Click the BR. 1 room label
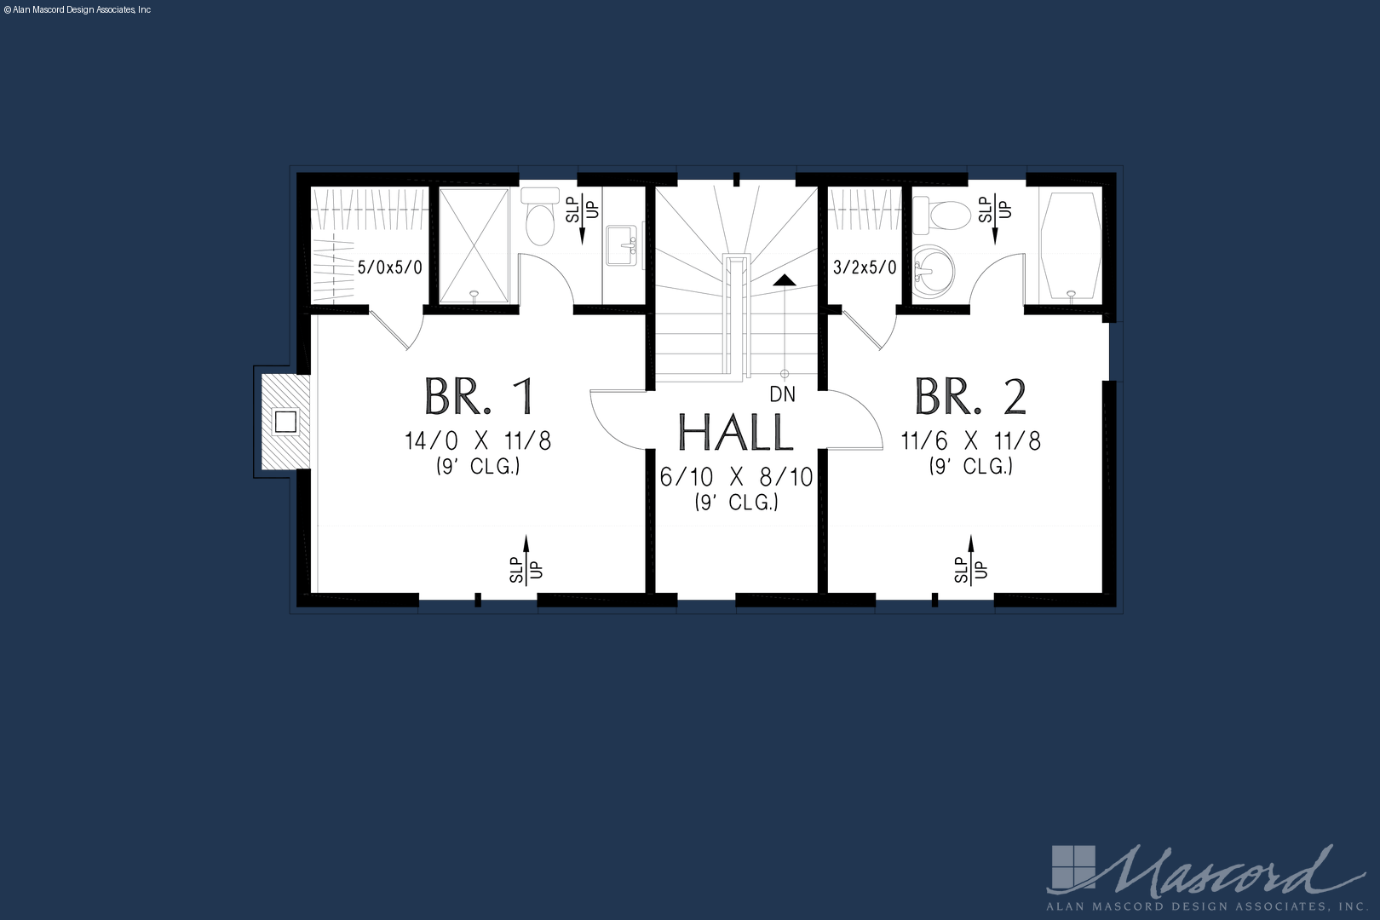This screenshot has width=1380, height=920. [480, 397]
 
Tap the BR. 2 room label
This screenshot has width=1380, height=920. [970, 397]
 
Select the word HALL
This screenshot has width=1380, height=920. [736, 433]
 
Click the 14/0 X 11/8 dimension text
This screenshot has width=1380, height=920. [478, 441]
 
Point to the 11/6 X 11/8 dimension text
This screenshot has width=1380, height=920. [971, 441]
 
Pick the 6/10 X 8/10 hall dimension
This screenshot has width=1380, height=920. [736, 478]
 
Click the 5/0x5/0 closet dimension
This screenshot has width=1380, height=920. [390, 267]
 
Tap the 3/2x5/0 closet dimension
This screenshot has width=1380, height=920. [865, 267]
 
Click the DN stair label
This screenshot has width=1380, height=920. [782, 394]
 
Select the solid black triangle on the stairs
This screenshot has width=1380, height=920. [785, 280]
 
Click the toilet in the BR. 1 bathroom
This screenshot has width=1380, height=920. [540, 217]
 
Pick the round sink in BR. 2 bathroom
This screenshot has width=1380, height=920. [933, 272]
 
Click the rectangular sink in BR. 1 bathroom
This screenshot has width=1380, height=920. [621, 245]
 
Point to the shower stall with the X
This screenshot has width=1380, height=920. [474, 245]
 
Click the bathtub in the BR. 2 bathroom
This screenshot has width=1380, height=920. [1071, 245]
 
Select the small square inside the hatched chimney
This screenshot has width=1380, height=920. [286, 423]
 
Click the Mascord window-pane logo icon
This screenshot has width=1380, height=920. [1073, 868]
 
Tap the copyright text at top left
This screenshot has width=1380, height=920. [77, 10]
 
